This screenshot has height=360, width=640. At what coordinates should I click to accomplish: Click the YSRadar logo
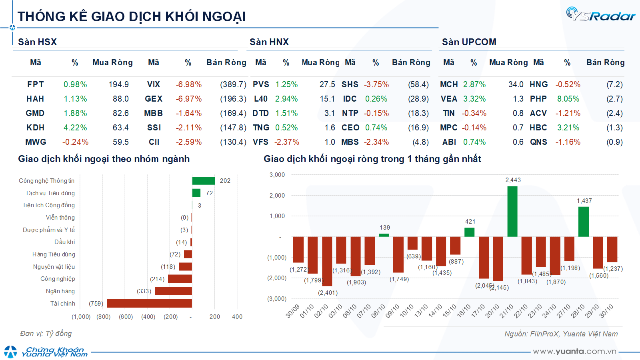600,15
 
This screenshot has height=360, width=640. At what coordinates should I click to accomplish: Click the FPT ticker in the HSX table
35,84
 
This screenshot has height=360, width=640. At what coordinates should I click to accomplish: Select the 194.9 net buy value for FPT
119,84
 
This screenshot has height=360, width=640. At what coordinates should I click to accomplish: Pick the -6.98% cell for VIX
189,84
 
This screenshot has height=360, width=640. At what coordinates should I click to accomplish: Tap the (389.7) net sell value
233,84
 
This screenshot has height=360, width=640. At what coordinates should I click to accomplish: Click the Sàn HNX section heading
269,42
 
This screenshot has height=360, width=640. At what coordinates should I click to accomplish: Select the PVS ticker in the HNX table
261,84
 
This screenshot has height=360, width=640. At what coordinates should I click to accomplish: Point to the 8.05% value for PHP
568,99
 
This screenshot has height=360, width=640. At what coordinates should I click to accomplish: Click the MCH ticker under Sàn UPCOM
449,84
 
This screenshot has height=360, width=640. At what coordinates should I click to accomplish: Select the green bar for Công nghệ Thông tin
203,181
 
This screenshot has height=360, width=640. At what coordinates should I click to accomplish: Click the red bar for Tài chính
150,303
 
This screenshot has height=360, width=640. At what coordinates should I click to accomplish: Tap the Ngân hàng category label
60,291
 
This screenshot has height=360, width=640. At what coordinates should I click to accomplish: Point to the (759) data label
96,304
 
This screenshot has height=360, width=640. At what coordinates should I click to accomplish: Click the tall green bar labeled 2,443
512,211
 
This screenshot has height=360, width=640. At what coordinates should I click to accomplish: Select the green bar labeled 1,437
584,222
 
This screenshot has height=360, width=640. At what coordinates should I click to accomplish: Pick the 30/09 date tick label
292,311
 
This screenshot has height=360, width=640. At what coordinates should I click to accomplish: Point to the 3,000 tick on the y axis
277,175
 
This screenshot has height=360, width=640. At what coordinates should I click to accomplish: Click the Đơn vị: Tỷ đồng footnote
46,334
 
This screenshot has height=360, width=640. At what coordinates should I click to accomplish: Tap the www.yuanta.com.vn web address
574,352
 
